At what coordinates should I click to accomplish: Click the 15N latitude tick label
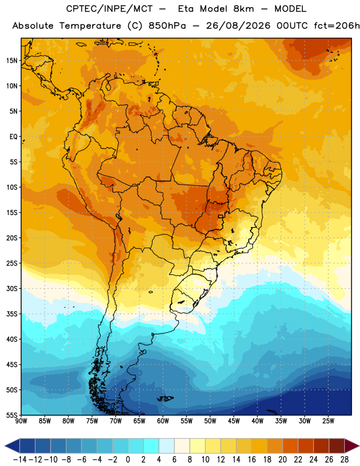[x=12, y=61]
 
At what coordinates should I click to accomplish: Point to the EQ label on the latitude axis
[x=13, y=137]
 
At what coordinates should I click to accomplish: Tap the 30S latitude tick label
[x=12, y=288]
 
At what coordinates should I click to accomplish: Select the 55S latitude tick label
[x=12, y=415]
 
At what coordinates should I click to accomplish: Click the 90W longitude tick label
[x=21, y=421]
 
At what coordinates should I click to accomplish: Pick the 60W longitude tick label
[x=163, y=421]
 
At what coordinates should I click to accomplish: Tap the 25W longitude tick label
[x=328, y=421]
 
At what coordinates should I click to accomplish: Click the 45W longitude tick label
[x=234, y=421]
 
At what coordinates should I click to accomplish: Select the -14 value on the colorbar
[x=20, y=460]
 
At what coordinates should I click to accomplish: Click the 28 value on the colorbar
[x=344, y=460]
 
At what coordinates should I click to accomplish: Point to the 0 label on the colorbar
[x=128, y=460]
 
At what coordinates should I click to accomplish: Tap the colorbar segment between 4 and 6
[x=167, y=446]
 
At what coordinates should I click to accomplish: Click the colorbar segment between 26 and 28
[x=337, y=446]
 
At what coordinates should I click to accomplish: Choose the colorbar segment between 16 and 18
[x=259, y=446]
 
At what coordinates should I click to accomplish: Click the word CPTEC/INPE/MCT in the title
[x=110, y=9]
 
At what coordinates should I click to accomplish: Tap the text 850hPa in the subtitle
[x=167, y=26]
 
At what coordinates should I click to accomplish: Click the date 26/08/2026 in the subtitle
[x=238, y=26]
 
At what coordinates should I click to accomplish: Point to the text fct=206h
[x=337, y=26]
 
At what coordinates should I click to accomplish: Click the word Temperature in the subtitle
[x=90, y=26]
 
